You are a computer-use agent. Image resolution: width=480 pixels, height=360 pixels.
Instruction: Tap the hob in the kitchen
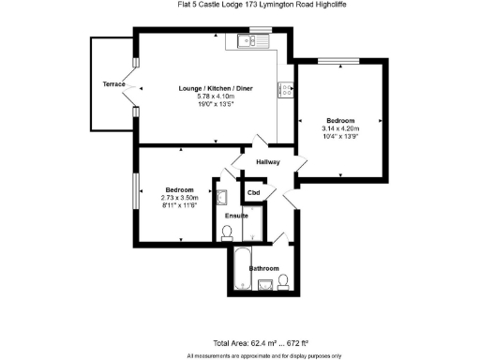tap(281, 89)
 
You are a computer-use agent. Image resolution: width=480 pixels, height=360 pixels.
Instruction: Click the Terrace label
tap(114, 84)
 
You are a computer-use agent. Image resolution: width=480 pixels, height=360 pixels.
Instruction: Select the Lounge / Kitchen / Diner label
tap(216, 88)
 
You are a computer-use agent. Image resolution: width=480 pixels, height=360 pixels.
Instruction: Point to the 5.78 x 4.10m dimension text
tap(216, 97)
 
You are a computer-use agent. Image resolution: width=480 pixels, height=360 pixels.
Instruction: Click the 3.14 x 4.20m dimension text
tap(340, 128)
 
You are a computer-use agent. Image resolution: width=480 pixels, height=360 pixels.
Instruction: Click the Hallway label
tap(268, 161)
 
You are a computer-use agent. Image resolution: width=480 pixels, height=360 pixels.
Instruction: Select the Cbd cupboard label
tap(253, 193)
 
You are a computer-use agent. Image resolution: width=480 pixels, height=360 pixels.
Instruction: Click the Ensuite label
tap(236, 216)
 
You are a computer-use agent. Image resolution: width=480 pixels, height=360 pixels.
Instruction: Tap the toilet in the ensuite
tap(227, 232)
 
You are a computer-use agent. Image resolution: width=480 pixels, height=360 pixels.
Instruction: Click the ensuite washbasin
tap(222, 198)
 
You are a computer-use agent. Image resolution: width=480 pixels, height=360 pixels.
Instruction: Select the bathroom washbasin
tap(266, 285)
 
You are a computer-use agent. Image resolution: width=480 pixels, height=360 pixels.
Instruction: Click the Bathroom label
tap(263, 269)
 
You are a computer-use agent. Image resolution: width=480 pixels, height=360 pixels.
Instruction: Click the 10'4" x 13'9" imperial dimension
tap(340, 137)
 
